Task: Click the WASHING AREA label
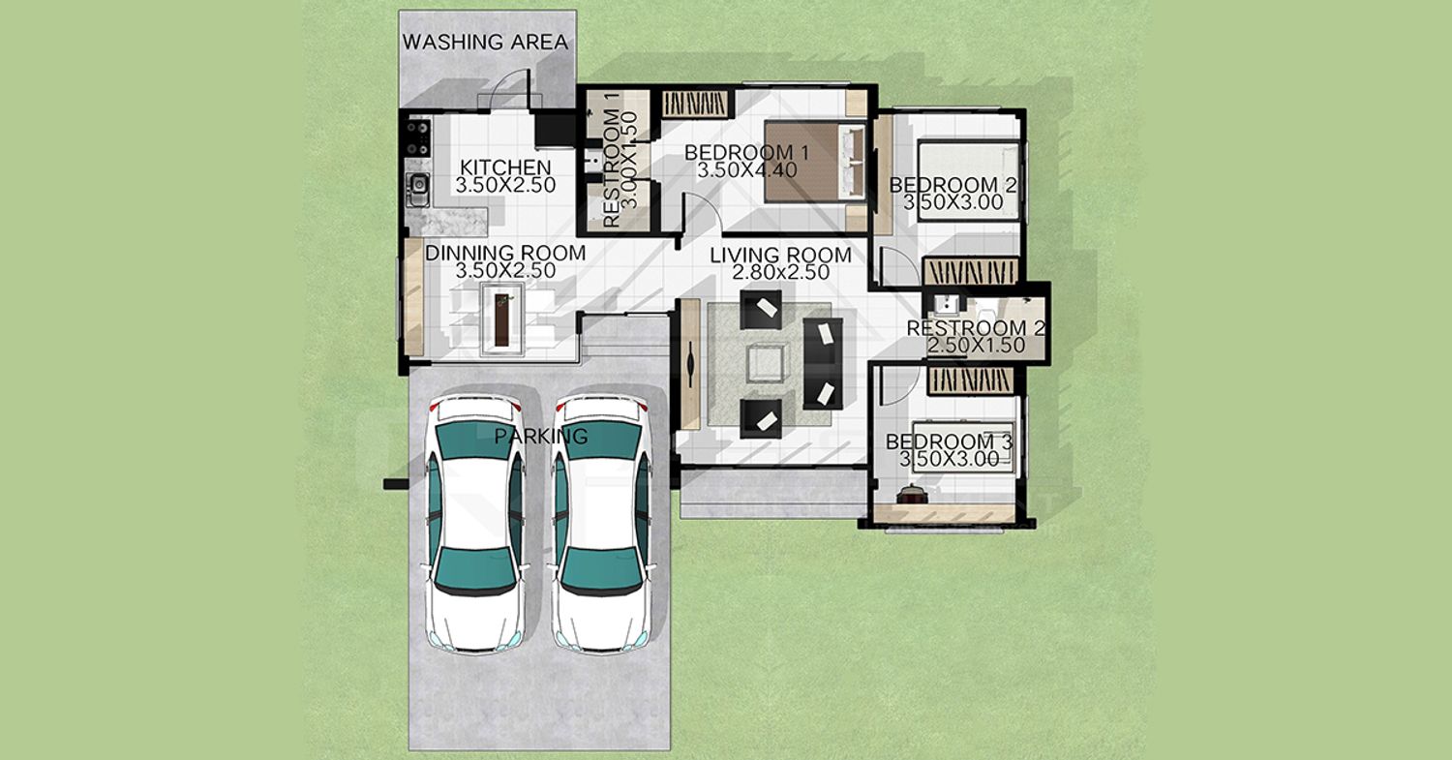click(x=485, y=43)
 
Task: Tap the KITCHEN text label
click(x=505, y=167)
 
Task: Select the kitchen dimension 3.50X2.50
click(x=505, y=186)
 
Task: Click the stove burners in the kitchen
click(x=418, y=137)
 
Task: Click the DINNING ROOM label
click(x=505, y=253)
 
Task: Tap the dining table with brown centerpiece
click(x=502, y=319)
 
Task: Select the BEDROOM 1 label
click(x=746, y=153)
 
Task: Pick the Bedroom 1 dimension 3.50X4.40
click(x=746, y=170)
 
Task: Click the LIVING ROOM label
click(x=780, y=256)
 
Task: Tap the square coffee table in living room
click(x=769, y=363)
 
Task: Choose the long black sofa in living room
click(x=823, y=363)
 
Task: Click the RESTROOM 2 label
click(x=975, y=328)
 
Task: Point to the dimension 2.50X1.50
click(x=976, y=346)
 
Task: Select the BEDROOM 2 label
click(x=953, y=186)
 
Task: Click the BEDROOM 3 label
click(x=949, y=442)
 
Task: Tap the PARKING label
click(x=541, y=437)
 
